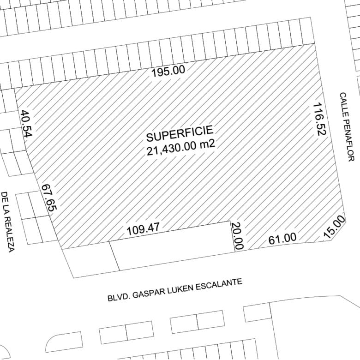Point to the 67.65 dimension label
pos(48,198)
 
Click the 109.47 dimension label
pos(143,228)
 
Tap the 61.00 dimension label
pos(282,239)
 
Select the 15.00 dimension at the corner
pos(334,227)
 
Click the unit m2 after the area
pos(207,144)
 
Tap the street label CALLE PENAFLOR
pos(347,126)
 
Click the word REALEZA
pos(9,235)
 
